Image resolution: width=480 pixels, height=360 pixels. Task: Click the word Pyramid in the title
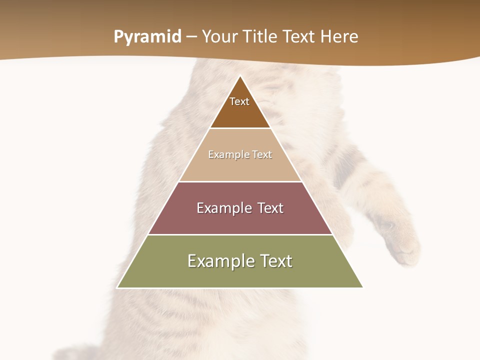coord(147,37)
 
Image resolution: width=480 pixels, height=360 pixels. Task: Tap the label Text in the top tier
coord(239,101)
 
